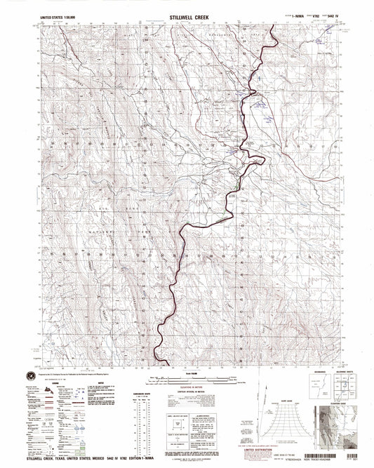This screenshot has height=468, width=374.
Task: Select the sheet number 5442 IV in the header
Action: tap(328, 13)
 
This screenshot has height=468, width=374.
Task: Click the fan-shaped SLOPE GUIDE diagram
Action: tap(279, 415)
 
